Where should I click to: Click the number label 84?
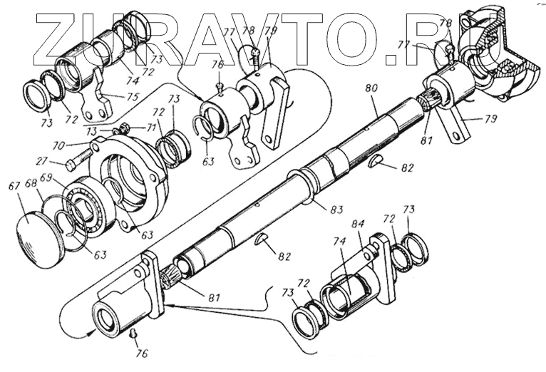point(356,224)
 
